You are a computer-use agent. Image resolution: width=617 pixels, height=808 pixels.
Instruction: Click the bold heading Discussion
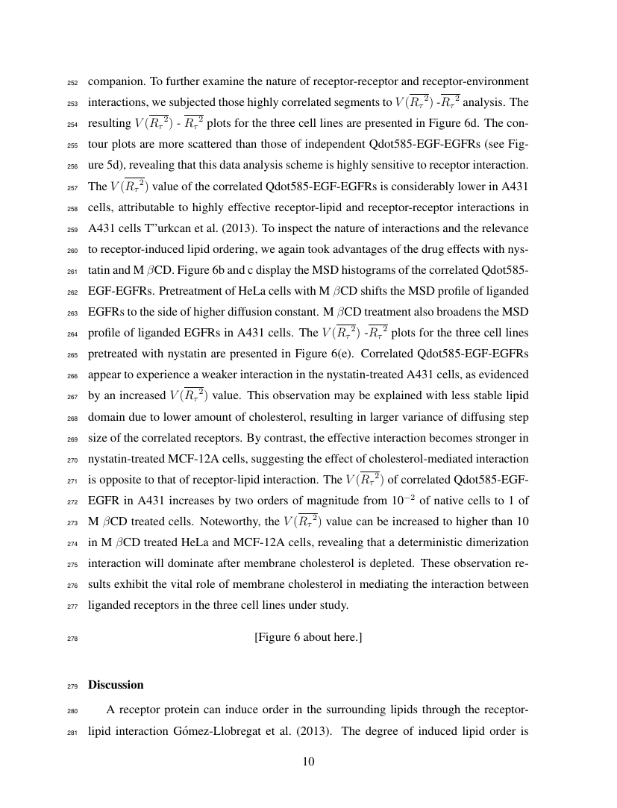116,684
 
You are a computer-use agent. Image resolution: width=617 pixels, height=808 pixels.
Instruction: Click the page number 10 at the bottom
308,762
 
